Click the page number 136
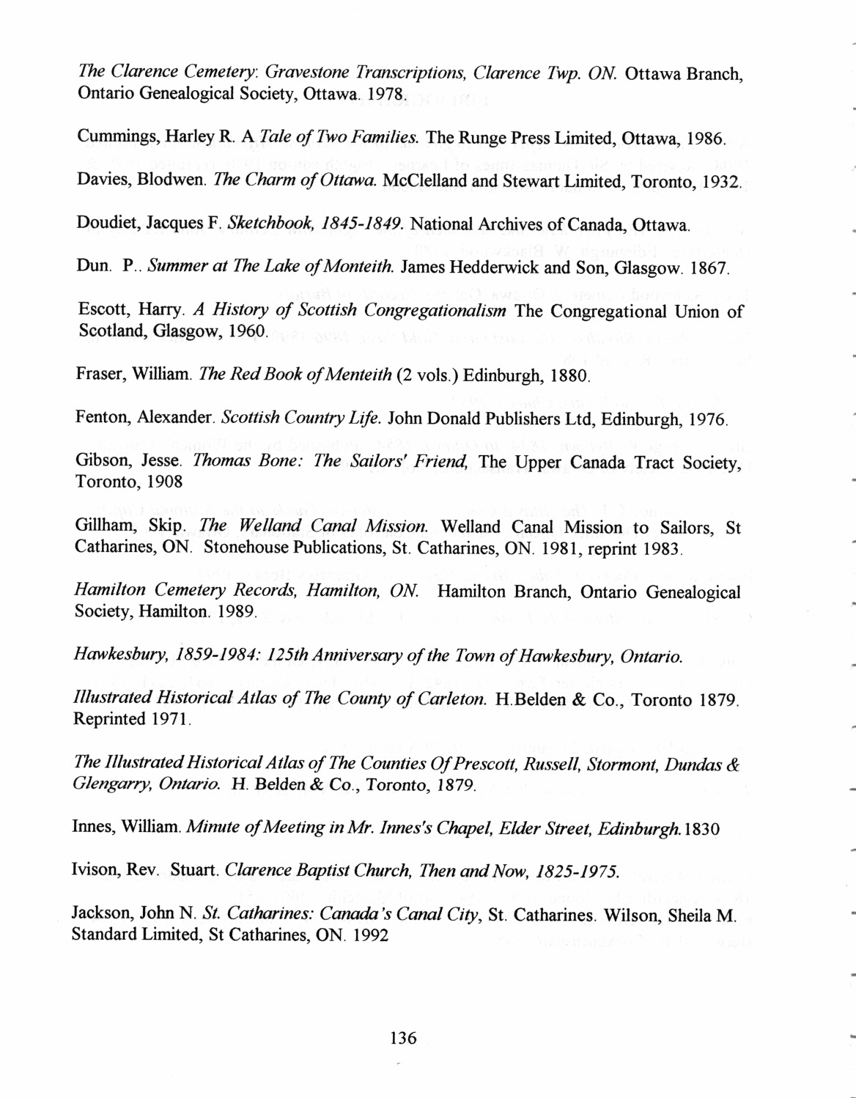coord(403,1037)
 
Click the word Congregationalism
coord(432,311)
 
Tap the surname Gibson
coord(97,463)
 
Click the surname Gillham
coord(100,527)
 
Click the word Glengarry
coord(106,786)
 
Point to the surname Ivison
coord(95,872)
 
